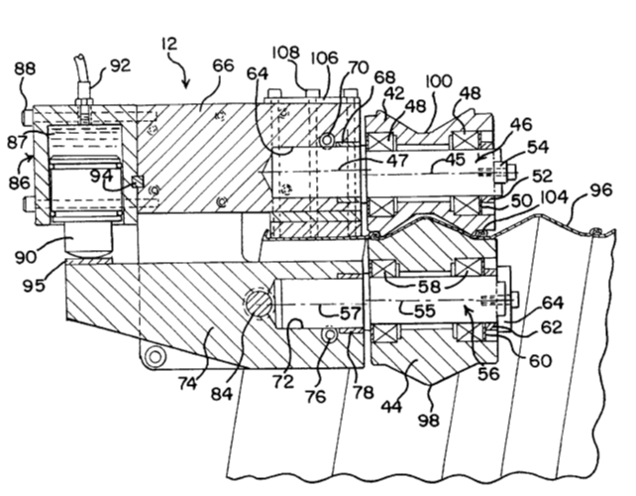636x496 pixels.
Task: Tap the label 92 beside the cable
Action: tap(121, 66)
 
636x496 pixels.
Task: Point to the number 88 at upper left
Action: tap(23, 68)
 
